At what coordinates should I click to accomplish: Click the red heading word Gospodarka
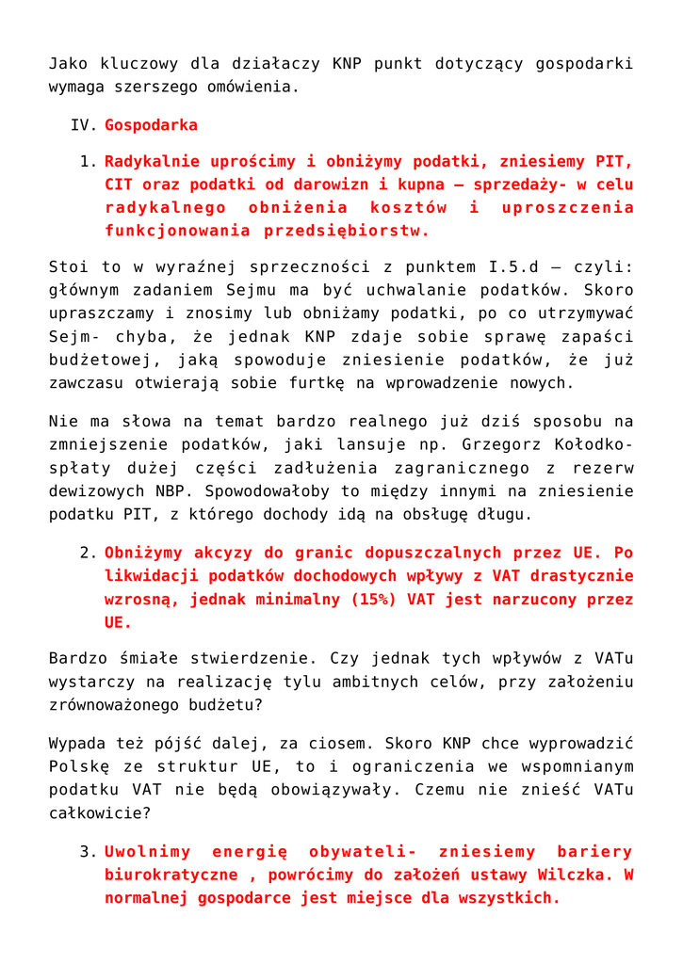click(x=151, y=125)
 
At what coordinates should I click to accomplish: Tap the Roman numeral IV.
click(x=84, y=125)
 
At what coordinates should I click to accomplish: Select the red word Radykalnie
click(x=151, y=162)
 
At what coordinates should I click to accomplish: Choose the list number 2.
click(x=89, y=554)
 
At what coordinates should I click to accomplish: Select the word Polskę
click(x=77, y=765)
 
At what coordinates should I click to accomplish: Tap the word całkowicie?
click(x=98, y=811)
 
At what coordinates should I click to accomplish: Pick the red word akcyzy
click(x=211, y=554)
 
